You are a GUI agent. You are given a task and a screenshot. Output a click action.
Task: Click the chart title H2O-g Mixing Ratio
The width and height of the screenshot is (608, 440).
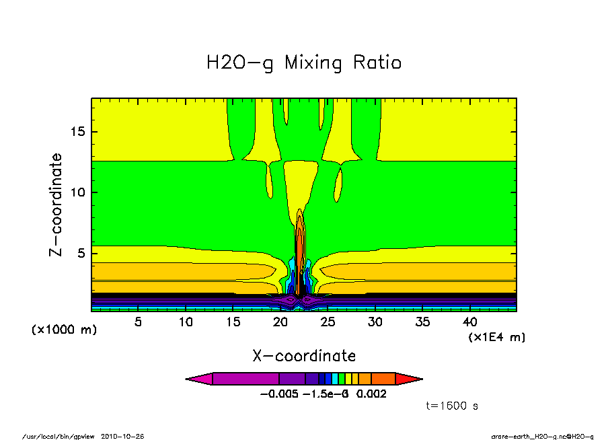coord(304,63)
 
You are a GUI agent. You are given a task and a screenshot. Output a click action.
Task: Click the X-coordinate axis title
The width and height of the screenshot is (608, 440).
coord(304,356)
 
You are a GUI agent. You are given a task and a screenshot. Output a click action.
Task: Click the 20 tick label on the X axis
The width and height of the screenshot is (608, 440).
coord(280,322)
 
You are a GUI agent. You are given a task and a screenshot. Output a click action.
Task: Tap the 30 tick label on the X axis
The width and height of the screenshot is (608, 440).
coord(375,322)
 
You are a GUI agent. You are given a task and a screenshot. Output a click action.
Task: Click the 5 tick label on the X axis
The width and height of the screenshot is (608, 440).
coord(138,322)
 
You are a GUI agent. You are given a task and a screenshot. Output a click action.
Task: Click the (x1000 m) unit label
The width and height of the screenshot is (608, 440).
coord(64,330)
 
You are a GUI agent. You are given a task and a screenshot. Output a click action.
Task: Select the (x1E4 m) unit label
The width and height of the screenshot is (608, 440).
coord(496,337)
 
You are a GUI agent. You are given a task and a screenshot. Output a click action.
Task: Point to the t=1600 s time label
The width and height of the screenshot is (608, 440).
coord(452,406)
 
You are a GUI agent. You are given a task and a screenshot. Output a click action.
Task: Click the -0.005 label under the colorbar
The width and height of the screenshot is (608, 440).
coord(277,394)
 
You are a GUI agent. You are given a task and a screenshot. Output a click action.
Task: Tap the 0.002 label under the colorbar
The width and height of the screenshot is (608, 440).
coord(372,394)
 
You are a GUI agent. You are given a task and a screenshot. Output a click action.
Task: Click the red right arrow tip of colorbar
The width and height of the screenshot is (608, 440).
coord(410,379)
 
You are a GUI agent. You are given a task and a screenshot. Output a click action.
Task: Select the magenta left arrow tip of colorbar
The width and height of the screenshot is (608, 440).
coord(198,379)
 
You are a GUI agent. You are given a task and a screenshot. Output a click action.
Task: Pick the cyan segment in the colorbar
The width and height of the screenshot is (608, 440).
coord(335,379)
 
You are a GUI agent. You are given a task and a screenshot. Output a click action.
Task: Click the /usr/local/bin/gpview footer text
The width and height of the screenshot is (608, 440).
coord(59,436)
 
